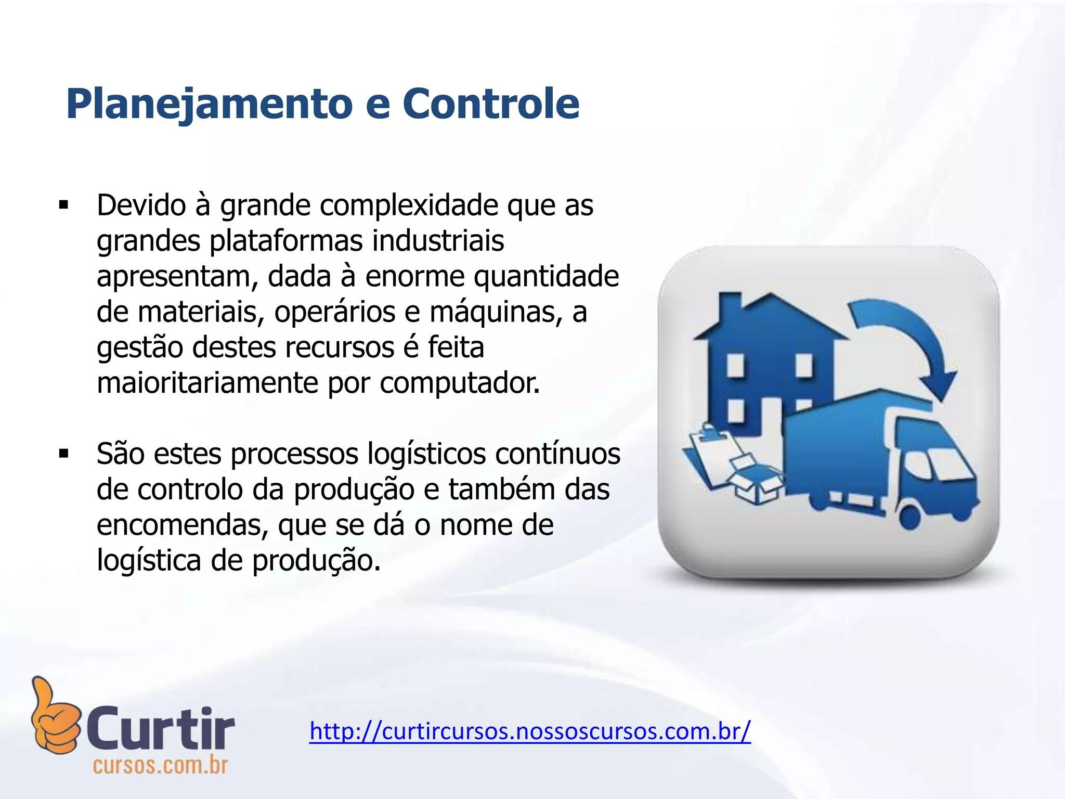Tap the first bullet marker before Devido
[64, 205]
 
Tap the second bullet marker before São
[64, 454]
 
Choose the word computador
[460, 383]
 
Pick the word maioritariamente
[207, 383]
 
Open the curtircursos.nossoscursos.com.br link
[530, 731]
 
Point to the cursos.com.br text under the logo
[160, 765]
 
